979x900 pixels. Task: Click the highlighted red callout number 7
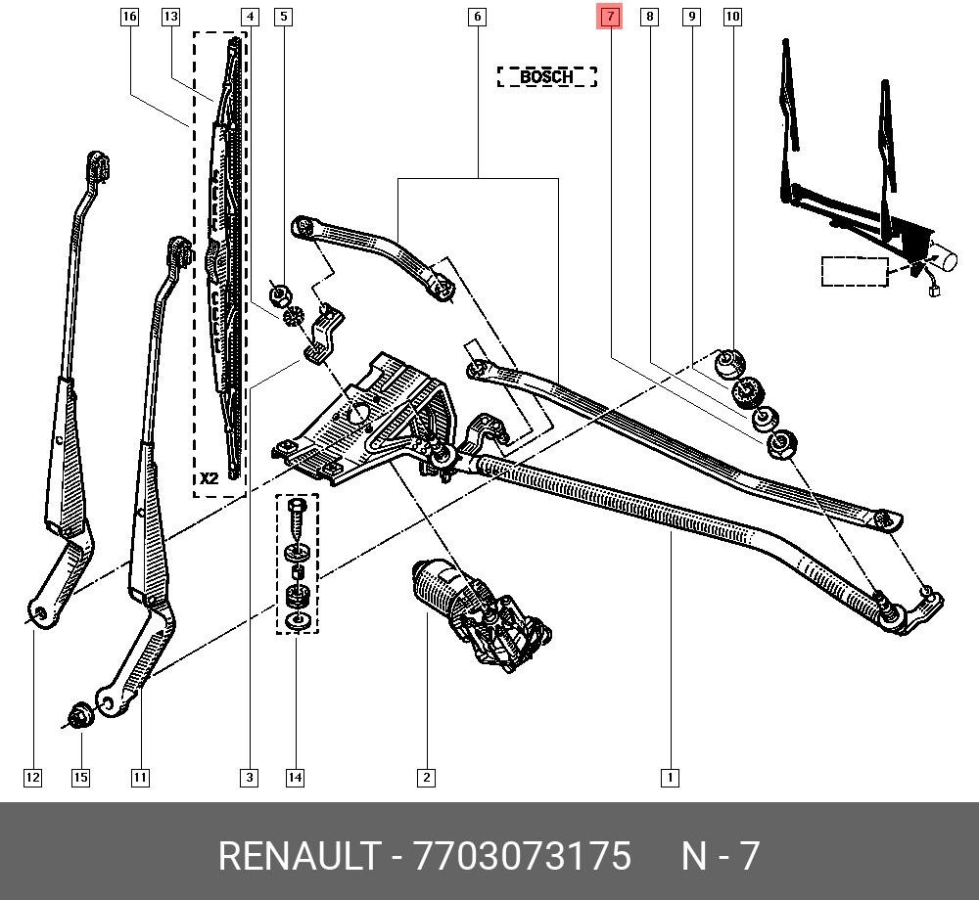click(609, 17)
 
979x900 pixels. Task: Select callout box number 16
click(129, 17)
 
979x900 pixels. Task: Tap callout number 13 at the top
click(170, 17)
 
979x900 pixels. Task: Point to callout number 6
click(477, 17)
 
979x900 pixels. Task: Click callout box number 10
click(732, 17)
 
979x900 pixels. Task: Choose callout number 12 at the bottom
click(33, 778)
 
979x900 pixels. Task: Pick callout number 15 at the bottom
click(80, 778)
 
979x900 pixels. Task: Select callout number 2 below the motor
click(426, 778)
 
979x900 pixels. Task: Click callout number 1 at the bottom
click(670, 778)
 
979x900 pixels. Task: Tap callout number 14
click(295, 778)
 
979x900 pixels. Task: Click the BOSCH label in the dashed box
click(546, 76)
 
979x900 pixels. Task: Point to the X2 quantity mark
click(210, 478)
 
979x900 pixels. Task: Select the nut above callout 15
click(81, 715)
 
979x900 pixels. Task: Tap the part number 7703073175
click(523, 856)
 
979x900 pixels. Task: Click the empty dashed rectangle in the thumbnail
click(854, 271)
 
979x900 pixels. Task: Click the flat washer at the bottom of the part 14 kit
click(297, 621)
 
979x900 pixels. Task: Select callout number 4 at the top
click(250, 17)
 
